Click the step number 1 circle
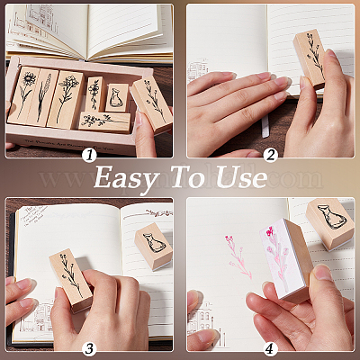click(89, 156)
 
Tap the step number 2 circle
click(271, 156)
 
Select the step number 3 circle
click(89, 348)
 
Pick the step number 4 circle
click(271, 348)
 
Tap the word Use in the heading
click(241, 178)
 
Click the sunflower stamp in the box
click(23, 95)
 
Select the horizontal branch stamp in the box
click(104, 122)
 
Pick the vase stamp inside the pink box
click(117, 98)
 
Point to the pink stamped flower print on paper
click(238, 256)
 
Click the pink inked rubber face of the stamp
click(276, 258)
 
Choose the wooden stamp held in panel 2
click(310, 58)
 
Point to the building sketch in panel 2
click(198, 71)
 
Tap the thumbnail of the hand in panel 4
click(322, 272)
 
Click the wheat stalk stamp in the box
click(43, 97)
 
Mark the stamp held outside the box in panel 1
click(152, 103)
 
